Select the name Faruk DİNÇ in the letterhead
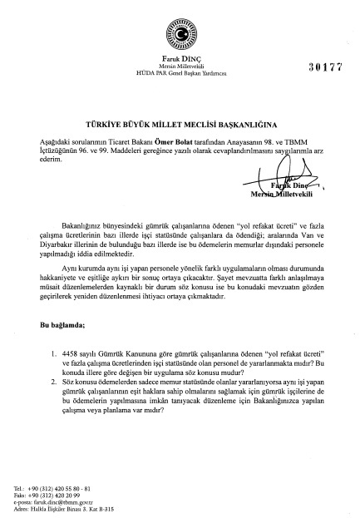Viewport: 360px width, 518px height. (x=180, y=57)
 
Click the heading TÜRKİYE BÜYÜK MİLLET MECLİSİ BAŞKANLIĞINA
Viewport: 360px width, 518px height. (x=180, y=121)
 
